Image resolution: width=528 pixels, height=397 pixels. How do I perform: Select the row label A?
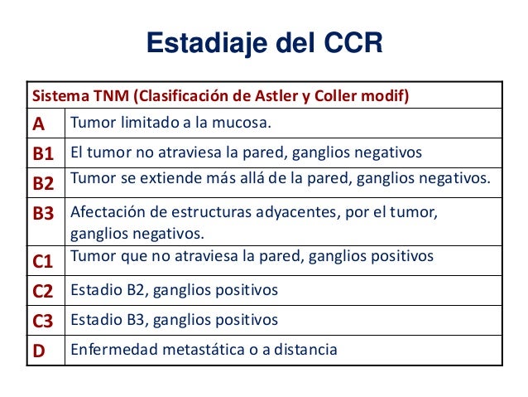coord(39,124)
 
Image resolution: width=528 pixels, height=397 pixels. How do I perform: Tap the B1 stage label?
coord(43,153)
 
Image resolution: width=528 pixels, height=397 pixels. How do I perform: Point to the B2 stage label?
coord(43,182)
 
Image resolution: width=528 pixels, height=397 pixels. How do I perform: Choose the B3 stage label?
coord(43,214)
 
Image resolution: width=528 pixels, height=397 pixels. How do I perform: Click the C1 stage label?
coord(43,263)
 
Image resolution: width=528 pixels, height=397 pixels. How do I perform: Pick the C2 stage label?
coord(43,291)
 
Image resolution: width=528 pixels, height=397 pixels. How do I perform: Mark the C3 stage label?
coord(43,320)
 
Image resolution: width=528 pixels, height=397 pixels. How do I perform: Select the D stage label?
coord(39,350)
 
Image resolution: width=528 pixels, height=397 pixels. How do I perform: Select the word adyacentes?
coord(291,212)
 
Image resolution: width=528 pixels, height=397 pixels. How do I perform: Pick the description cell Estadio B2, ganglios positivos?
coord(174,290)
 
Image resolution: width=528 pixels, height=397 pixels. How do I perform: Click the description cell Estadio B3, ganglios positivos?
coord(174,319)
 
